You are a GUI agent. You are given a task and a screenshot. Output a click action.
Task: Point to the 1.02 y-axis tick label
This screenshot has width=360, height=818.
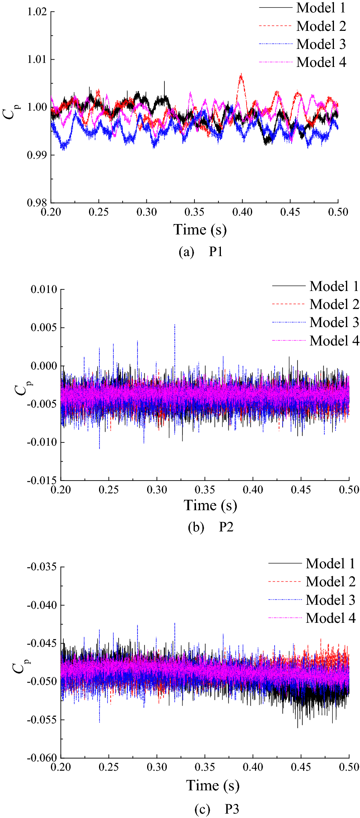[37, 12]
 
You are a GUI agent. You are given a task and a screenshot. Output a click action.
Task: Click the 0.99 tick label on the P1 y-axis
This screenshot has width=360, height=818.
[37, 155]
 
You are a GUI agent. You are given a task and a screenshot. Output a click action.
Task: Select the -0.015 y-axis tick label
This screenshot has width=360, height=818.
[42, 481]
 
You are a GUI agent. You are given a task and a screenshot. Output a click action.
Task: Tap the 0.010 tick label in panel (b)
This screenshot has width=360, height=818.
[44, 289]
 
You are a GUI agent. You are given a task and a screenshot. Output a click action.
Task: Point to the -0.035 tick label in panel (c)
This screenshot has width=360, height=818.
[42, 567]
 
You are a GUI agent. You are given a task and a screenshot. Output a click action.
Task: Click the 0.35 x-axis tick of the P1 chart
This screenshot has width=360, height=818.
[194, 212]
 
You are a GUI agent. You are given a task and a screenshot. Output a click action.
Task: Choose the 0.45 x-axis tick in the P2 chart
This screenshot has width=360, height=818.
[301, 490]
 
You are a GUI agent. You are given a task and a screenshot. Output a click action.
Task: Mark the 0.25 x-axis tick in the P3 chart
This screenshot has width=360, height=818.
[109, 767]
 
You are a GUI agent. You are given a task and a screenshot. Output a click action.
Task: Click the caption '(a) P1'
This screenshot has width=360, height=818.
[200, 252]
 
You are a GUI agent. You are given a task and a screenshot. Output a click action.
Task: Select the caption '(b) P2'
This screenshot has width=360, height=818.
[210, 527]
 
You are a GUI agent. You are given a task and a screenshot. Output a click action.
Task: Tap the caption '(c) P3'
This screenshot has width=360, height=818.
[216, 809]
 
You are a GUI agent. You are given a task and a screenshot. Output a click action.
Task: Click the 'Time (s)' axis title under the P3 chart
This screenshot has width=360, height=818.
[212, 785]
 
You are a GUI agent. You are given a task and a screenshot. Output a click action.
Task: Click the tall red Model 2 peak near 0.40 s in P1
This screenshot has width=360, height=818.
[241, 75]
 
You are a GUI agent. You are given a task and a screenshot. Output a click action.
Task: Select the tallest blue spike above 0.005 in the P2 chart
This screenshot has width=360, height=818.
[174, 325]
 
